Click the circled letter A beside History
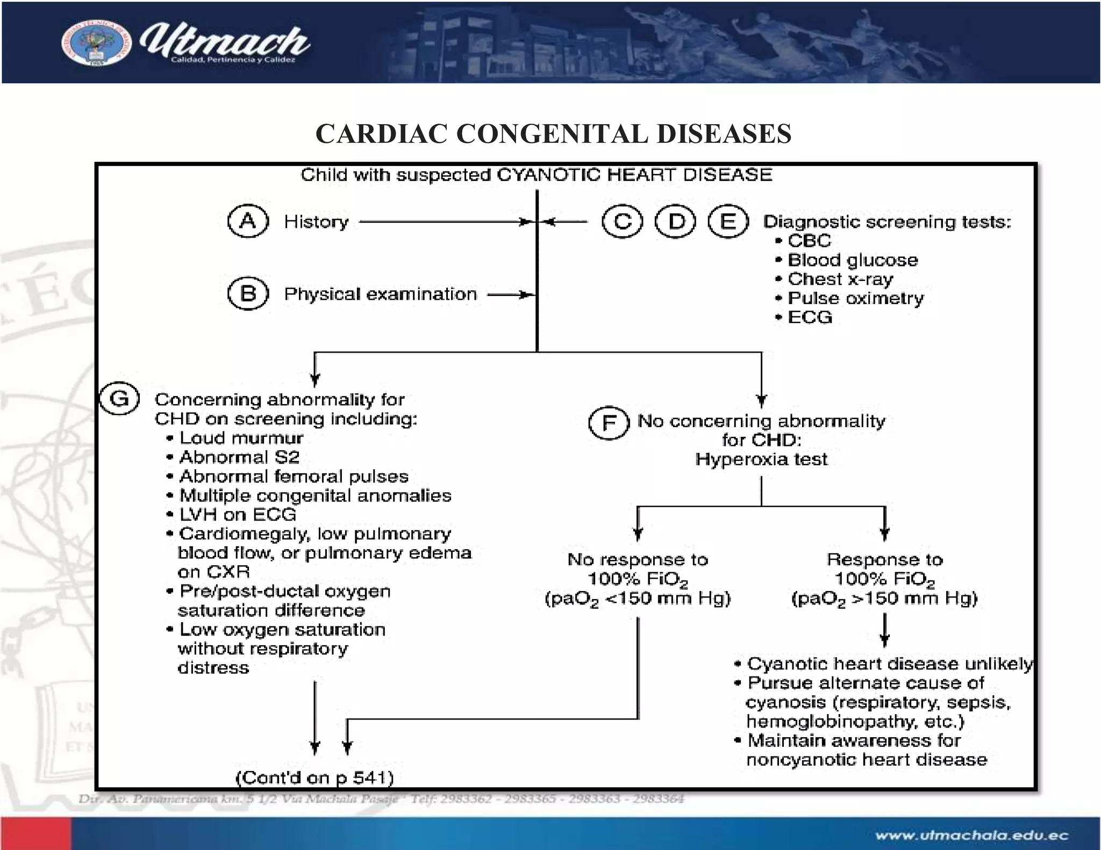(248, 221)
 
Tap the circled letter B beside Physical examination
(248, 293)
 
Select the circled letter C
(622, 221)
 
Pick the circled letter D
(675, 221)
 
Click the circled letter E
(728, 221)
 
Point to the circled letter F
(609, 423)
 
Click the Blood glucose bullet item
(852, 260)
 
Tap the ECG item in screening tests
(810, 317)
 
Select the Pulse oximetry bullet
(855, 298)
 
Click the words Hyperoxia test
(761, 459)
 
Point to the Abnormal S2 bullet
(239, 457)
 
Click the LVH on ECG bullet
(237, 515)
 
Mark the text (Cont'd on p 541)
(315, 777)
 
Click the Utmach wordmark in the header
(224, 42)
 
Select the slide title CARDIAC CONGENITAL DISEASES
(553, 133)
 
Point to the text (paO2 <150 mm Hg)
(638, 599)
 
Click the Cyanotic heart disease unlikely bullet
(889, 664)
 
